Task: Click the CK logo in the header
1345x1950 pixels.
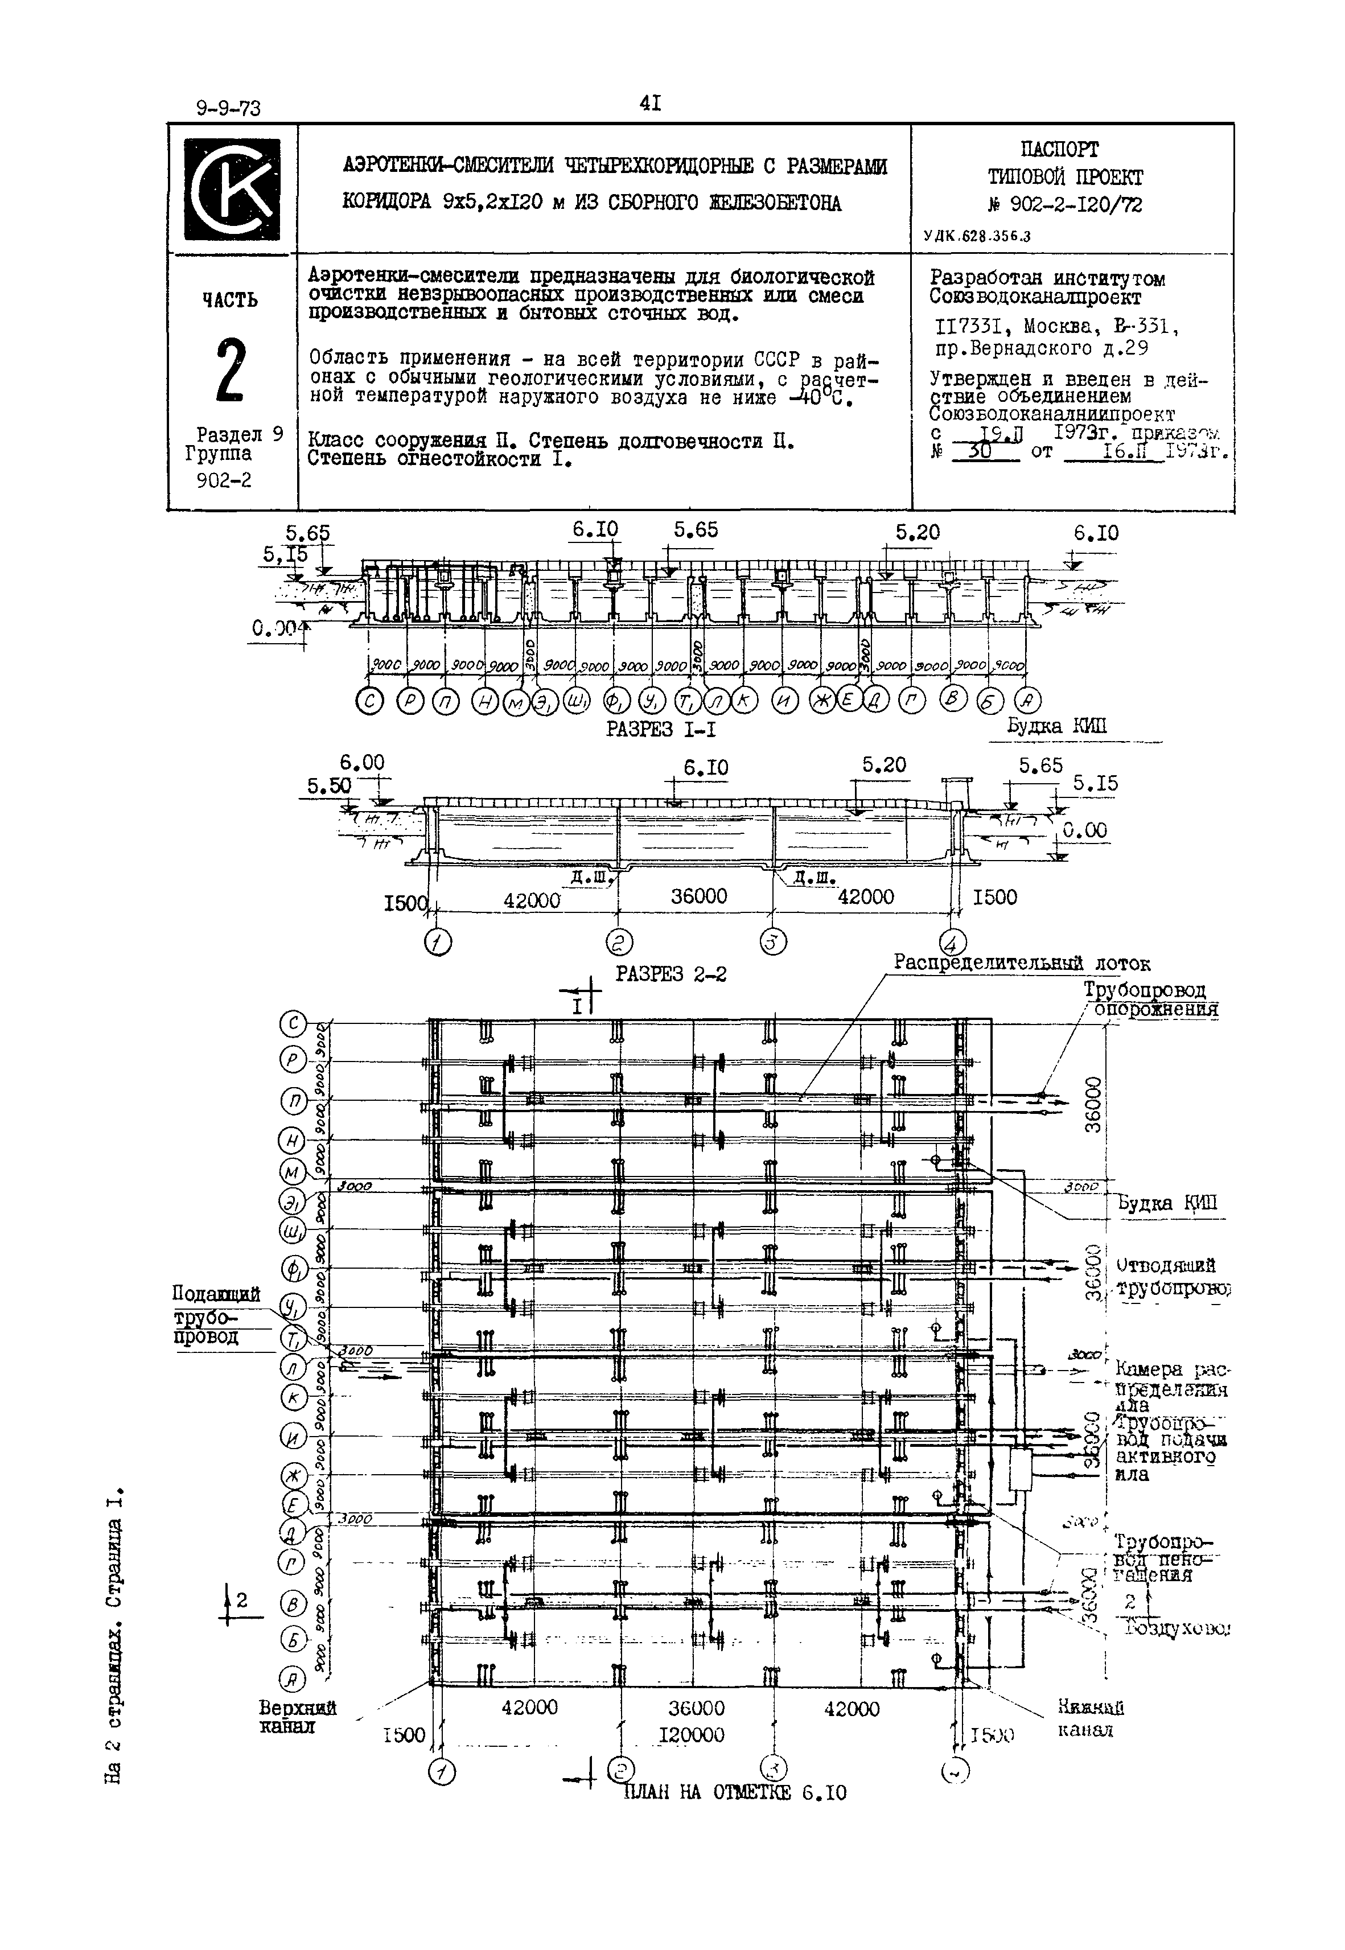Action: tap(232, 189)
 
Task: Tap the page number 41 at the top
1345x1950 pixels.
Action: tap(650, 104)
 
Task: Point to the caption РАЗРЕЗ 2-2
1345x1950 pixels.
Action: tap(671, 974)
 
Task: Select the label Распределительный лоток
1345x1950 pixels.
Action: tap(1021, 962)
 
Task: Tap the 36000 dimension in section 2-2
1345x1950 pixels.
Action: tap(698, 896)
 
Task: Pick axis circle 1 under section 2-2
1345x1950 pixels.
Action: tap(437, 942)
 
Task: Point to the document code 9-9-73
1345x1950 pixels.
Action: tap(228, 108)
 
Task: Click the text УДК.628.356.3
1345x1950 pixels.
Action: tap(977, 237)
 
